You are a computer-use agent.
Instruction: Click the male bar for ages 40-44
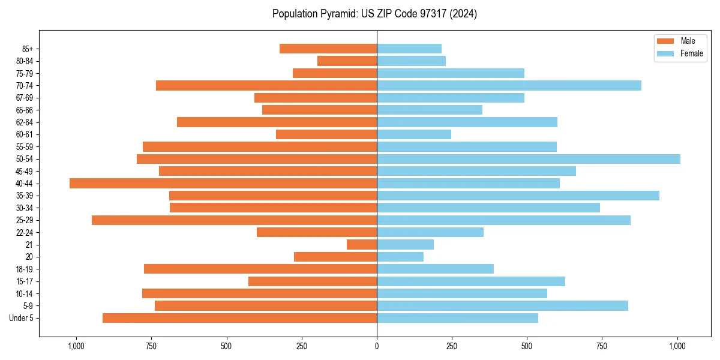[x=223, y=184]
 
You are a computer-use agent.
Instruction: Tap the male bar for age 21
[x=362, y=245]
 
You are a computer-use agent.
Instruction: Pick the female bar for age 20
[x=400, y=257]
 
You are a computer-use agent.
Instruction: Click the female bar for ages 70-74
[x=509, y=86]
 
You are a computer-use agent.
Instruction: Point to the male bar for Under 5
[x=240, y=318]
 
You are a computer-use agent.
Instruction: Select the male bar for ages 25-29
[x=234, y=220]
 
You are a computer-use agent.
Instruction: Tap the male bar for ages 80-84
[x=347, y=61]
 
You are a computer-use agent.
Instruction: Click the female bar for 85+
[x=409, y=49]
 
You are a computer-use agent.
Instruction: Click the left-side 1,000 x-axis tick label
[x=76, y=346]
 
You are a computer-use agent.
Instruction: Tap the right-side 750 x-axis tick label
[x=602, y=346]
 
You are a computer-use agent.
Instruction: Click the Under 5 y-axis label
[x=22, y=318]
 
